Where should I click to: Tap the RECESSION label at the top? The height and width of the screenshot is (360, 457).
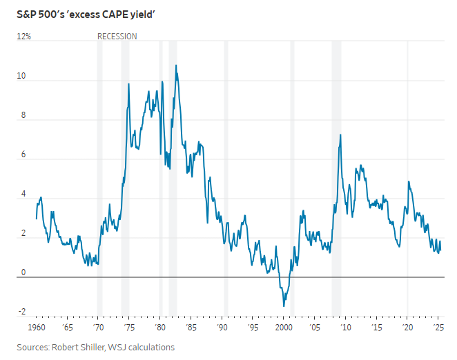(117, 36)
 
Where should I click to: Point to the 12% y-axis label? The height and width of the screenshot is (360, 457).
(24, 36)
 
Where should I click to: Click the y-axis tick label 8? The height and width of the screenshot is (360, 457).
(23, 116)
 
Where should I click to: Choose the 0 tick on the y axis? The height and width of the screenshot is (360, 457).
(23, 272)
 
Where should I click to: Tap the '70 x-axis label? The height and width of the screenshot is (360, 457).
(99, 327)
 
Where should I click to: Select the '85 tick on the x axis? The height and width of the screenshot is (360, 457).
(191, 327)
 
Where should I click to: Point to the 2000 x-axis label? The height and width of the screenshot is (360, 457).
(284, 327)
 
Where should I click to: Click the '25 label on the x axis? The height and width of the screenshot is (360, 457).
(438, 327)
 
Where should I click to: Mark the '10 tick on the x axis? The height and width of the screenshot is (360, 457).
(345, 327)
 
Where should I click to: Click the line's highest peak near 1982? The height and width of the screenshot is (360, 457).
(175, 66)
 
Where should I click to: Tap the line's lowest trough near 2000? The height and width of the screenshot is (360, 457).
(283, 306)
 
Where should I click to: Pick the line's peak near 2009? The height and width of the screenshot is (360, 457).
(340, 135)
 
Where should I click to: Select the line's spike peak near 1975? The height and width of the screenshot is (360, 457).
(129, 83)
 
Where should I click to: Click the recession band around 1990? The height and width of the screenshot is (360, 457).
(225, 172)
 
